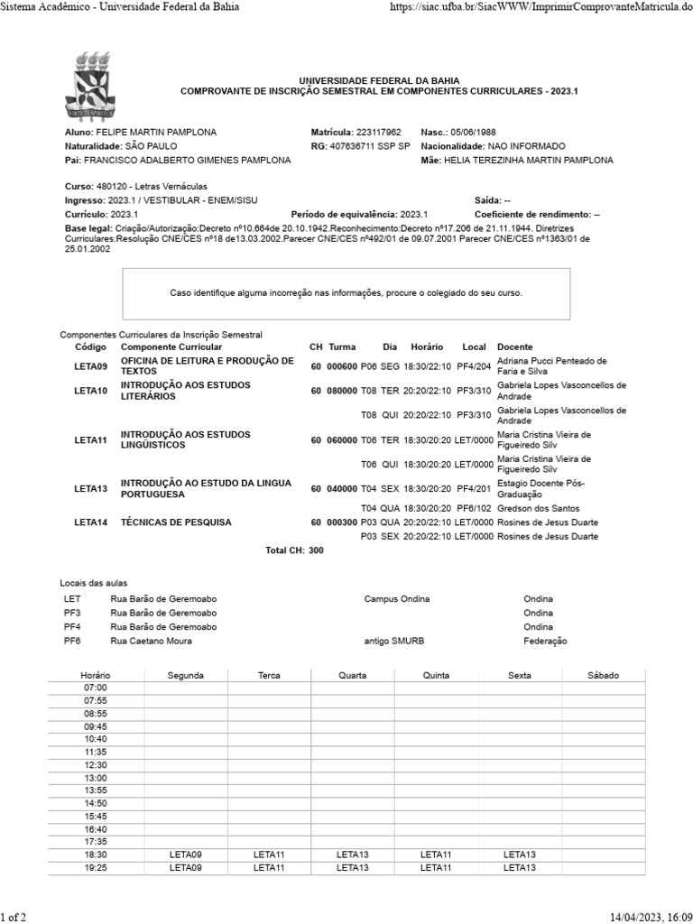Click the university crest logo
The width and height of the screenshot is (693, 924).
point(89,87)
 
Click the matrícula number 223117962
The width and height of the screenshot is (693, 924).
point(378,132)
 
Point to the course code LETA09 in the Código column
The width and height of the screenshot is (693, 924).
point(90,365)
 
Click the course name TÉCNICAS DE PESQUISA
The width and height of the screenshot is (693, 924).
point(176,522)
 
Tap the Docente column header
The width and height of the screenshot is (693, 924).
point(514,346)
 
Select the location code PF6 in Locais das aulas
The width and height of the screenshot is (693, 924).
point(72,641)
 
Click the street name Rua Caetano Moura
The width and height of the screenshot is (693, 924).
point(151,641)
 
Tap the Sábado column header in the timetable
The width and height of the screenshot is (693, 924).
point(604,675)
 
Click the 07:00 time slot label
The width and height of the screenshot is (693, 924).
point(95,688)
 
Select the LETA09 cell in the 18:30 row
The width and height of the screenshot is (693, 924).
point(186,854)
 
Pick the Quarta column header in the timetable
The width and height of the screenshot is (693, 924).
point(352,675)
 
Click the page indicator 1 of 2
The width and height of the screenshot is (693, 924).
point(14,917)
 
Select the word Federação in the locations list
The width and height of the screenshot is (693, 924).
point(545,641)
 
